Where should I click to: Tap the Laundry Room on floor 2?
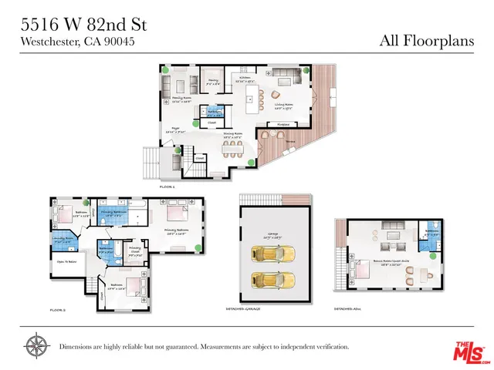(64, 240)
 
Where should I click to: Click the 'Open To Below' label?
(68, 261)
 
